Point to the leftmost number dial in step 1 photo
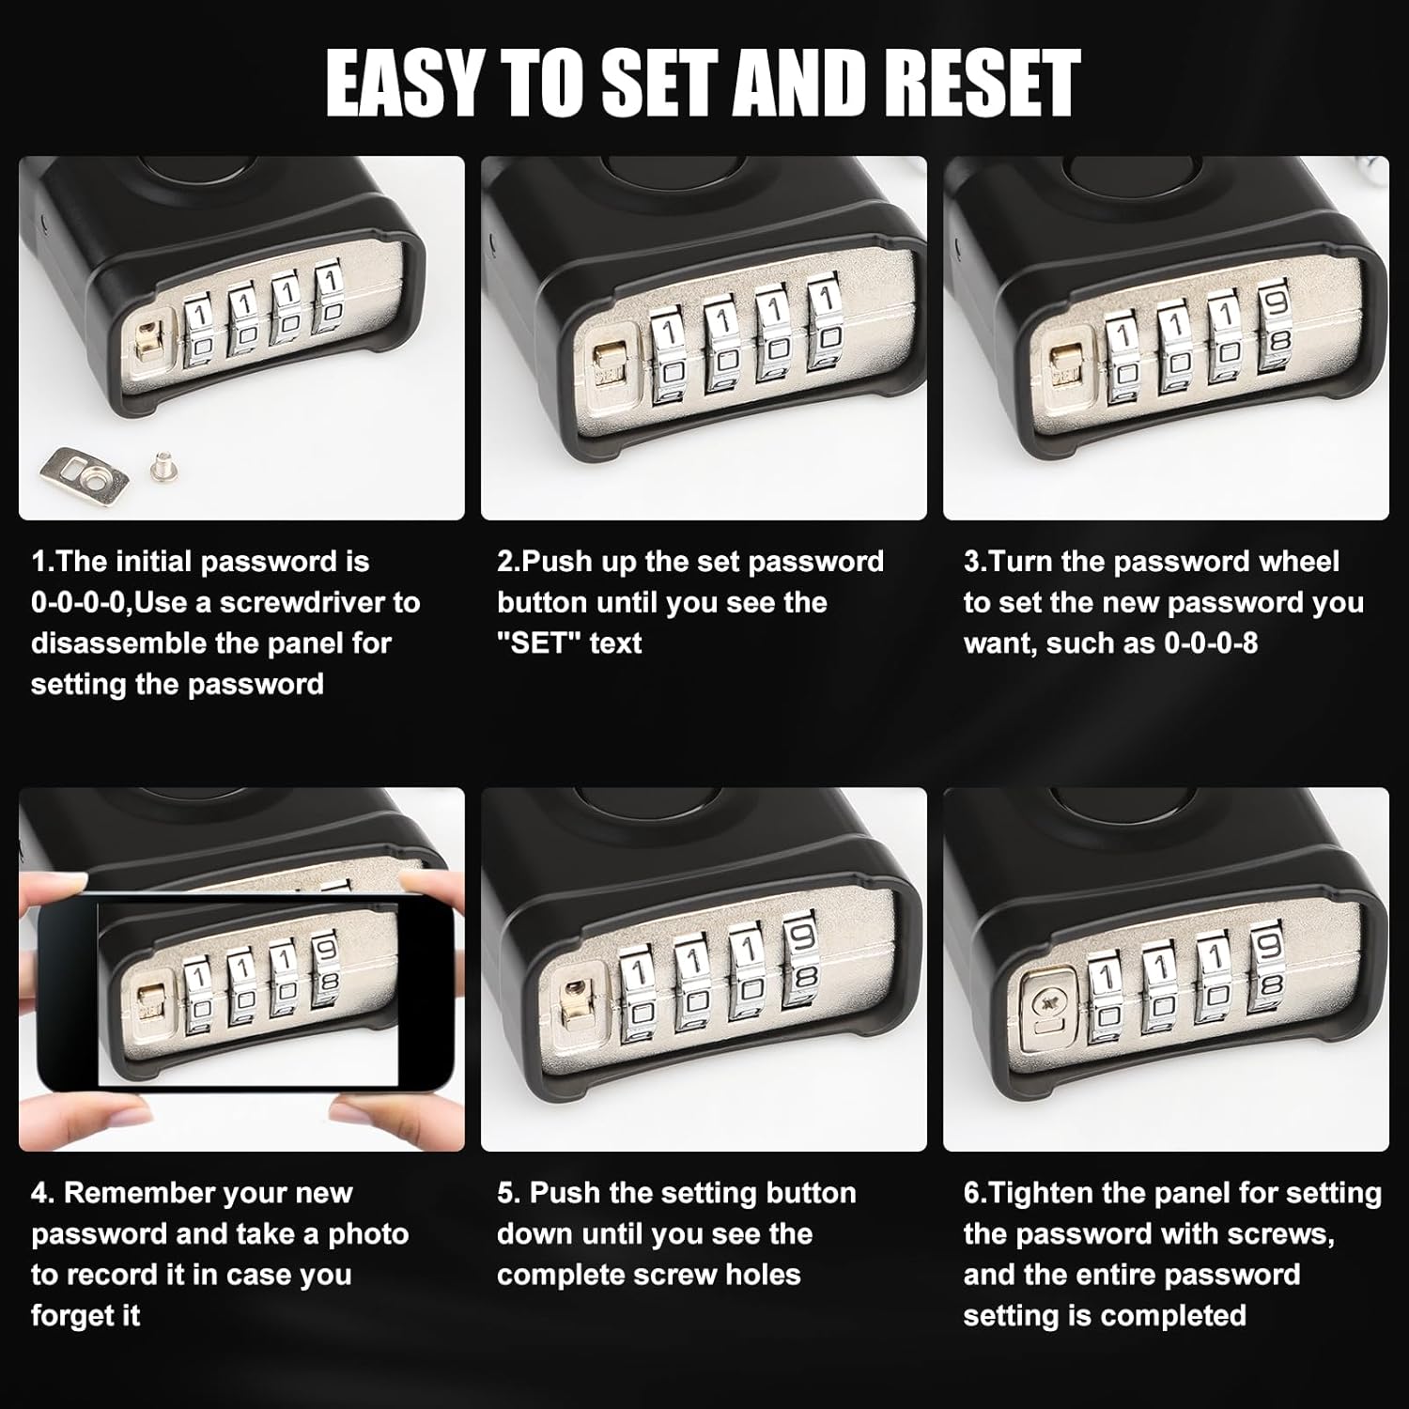200,333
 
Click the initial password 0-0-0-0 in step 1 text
78,602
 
